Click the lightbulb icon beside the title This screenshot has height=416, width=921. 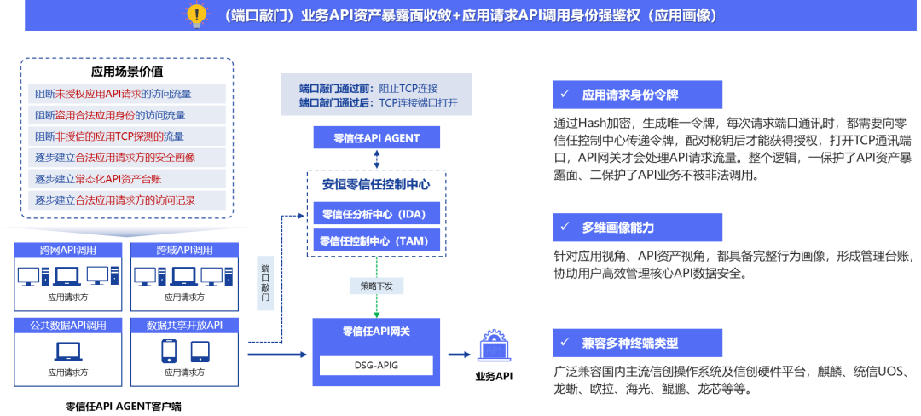[197, 14]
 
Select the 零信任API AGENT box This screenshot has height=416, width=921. [376, 138]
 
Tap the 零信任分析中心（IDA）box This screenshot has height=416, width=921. [376, 213]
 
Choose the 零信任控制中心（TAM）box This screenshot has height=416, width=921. [376, 241]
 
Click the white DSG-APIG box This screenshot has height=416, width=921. [376, 366]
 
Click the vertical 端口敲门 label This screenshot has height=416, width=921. [265, 282]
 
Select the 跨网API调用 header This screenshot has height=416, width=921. [68, 251]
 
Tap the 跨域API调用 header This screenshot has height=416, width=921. [185, 251]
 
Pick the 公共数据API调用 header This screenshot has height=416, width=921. [68, 325]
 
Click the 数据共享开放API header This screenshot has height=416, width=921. [185, 325]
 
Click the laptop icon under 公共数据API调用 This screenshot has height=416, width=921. [68, 350]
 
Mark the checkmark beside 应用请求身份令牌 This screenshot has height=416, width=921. [565, 94]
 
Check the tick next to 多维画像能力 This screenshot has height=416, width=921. [565, 228]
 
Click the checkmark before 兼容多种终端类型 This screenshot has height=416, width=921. [565, 343]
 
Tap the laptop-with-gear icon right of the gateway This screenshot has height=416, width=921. [494, 346]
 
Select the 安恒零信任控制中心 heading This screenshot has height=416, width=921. [376, 184]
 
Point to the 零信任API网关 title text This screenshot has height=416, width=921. [376, 332]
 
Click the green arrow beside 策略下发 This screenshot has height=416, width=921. [376, 303]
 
